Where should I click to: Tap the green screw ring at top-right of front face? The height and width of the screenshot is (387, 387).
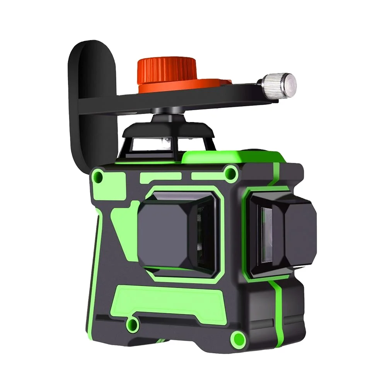(231, 171)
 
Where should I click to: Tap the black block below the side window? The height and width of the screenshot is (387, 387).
(290, 305)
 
